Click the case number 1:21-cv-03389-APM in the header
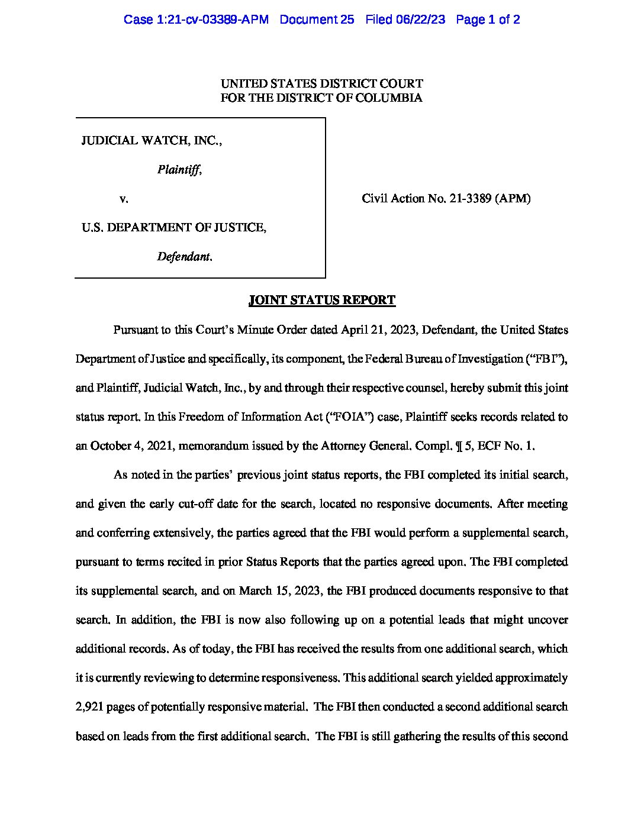tap(196, 20)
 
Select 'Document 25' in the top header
tap(317, 20)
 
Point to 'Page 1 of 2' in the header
tap(488, 20)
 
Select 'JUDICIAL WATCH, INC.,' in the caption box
tap(152, 141)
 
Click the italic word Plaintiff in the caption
tap(179, 170)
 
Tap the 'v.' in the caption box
tap(124, 199)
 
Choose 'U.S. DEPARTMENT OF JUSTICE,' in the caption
tap(173, 228)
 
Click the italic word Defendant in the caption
tap(183, 257)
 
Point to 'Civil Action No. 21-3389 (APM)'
tap(446, 199)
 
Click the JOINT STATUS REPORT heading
tap(322, 300)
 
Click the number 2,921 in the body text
tap(89, 706)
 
